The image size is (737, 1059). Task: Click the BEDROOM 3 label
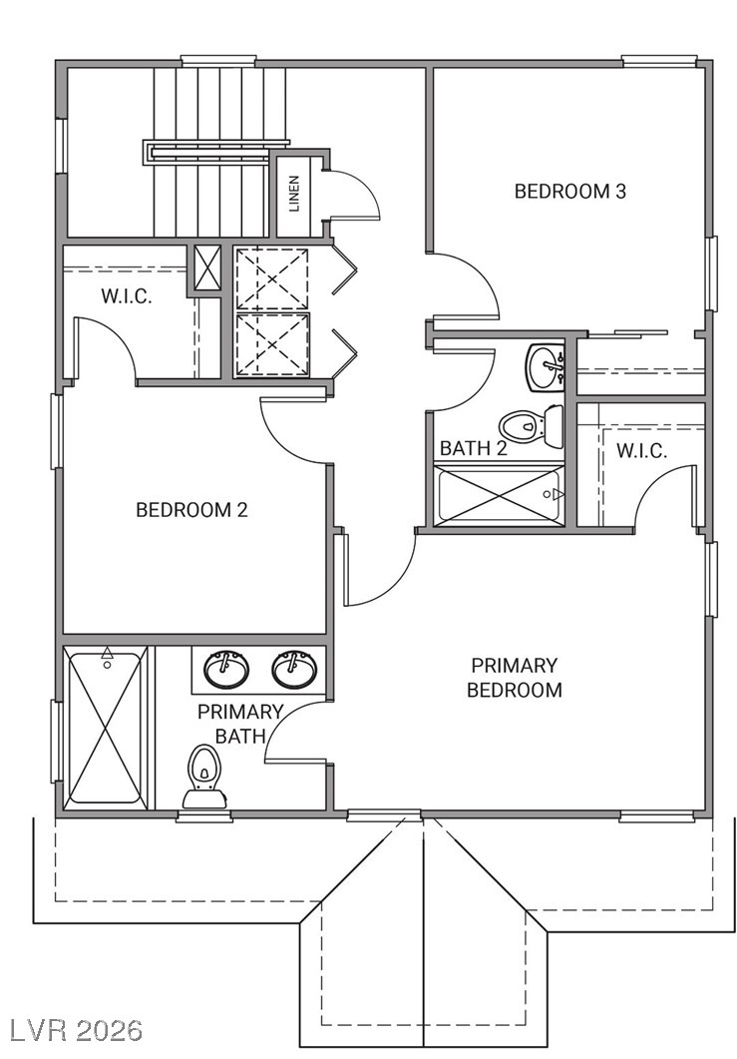(x=570, y=191)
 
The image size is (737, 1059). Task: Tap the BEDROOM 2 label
(x=192, y=509)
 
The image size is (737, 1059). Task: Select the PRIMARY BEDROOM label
(x=515, y=678)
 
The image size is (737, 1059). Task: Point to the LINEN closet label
(x=294, y=195)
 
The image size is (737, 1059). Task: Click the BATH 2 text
(x=474, y=448)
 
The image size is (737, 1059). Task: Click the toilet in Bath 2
(x=532, y=426)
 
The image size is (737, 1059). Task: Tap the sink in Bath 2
(x=546, y=366)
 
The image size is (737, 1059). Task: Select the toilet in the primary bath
(x=205, y=777)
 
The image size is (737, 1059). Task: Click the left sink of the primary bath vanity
(x=226, y=670)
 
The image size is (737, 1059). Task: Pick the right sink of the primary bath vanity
(x=294, y=670)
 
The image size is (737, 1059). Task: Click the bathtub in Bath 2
(x=499, y=494)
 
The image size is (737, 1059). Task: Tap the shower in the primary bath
(x=106, y=728)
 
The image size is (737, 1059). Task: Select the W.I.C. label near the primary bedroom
(x=642, y=450)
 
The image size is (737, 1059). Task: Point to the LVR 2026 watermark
(x=72, y=1031)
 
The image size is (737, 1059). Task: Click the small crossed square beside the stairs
(x=207, y=267)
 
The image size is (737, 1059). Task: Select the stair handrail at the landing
(x=216, y=152)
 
